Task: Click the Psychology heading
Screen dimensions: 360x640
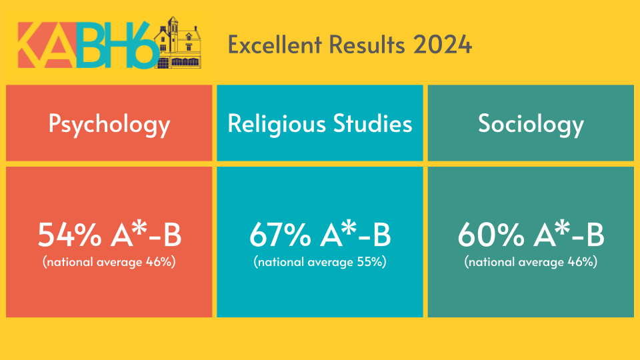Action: [109, 124]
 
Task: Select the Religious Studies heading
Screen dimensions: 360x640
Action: [320, 124]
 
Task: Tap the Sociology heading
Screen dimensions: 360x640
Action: [531, 124]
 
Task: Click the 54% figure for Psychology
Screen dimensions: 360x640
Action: [63, 236]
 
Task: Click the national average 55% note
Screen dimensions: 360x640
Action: [320, 262]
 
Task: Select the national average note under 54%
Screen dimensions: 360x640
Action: [109, 262]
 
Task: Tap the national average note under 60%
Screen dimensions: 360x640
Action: [531, 262]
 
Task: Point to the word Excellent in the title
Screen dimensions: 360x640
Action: [272, 45]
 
